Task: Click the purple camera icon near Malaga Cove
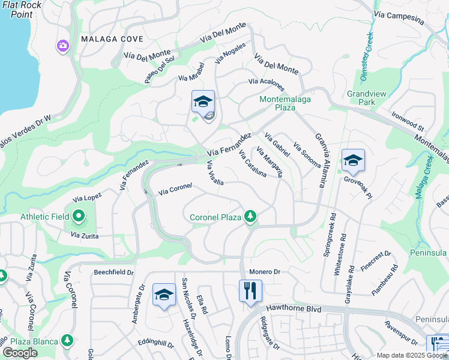pyautogui.click(x=63, y=46)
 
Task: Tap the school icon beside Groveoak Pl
pyautogui.click(x=353, y=160)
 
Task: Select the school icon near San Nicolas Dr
pyautogui.click(x=163, y=295)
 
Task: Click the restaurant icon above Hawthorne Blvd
pyautogui.click(x=250, y=292)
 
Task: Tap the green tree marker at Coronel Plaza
pyautogui.click(x=250, y=217)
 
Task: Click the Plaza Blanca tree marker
pyautogui.click(x=67, y=341)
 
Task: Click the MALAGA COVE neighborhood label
pyautogui.click(x=112, y=39)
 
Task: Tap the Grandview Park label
pyautogui.click(x=361, y=98)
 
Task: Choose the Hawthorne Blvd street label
pyautogui.click(x=294, y=308)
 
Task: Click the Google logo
pyautogui.click(x=20, y=353)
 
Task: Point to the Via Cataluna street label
pyautogui.click(x=252, y=163)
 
